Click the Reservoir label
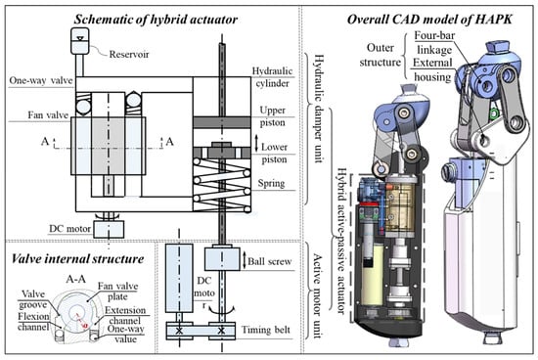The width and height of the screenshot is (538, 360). [x=129, y=54]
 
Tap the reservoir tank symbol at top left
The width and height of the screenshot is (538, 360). [x=80, y=41]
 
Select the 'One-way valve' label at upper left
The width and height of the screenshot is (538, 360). [x=41, y=80]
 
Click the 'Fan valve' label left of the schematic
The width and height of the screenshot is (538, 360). [x=48, y=115]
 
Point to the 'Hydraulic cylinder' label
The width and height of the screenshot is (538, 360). [x=273, y=77]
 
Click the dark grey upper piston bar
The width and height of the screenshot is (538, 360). [x=222, y=122]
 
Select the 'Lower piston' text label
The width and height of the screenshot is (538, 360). [x=274, y=153]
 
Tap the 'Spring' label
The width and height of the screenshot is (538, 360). [x=271, y=183]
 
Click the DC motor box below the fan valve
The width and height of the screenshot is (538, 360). [x=109, y=229]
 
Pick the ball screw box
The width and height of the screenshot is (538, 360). [x=222, y=259]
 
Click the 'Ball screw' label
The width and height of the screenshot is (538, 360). [x=270, y=261]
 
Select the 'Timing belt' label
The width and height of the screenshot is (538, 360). [x=266, y=330]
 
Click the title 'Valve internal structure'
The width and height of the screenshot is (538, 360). [x=78, y=259]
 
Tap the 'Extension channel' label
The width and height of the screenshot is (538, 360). [x=125, y=315]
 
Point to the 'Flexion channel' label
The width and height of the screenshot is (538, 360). [x=33, y=322]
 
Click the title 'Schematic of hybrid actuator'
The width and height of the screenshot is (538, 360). [x=156, y=20]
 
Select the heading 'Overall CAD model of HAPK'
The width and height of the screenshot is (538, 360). [x=429, y=20]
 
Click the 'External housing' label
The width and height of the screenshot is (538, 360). [x=432, y=69]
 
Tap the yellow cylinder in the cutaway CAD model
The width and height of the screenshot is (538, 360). [x=372, y=274]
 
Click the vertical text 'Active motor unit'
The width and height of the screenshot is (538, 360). [x=318, y=295]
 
